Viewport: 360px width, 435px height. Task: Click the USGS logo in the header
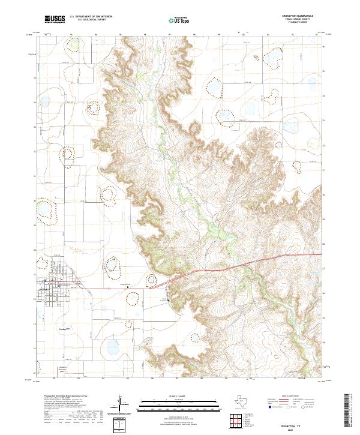pyautogui.click(x=52, y=20)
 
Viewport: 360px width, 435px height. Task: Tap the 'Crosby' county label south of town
pyautogui.click(x=63, y=329)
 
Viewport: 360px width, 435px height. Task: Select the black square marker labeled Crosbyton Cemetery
pyautogui.click(x=128, y=287)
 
